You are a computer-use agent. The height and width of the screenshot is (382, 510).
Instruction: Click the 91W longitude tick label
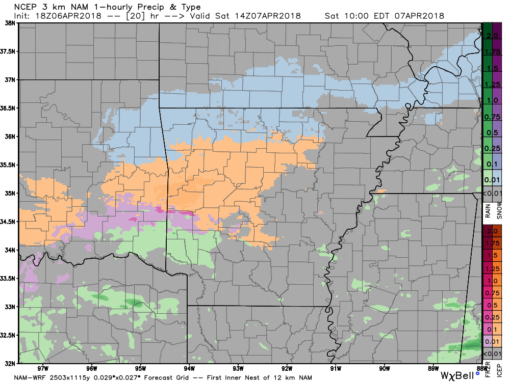[x=336, y=368]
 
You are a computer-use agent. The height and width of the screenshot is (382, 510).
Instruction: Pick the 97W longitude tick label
[x=42, y=368]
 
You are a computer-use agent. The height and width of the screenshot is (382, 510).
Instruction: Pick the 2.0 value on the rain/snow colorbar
[x=492, y=35]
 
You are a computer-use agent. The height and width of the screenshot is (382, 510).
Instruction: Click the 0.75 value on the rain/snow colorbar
[x=492, y=116]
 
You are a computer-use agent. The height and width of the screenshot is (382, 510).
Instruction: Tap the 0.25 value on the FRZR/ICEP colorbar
[x=492, y=317]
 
